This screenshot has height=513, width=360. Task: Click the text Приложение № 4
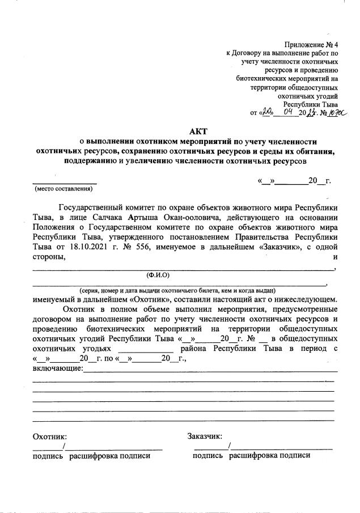[311, 44]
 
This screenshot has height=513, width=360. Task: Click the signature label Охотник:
[50, 436]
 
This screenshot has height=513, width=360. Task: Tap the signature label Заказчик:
[204, 436]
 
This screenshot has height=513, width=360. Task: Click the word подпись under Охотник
[48, 455]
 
